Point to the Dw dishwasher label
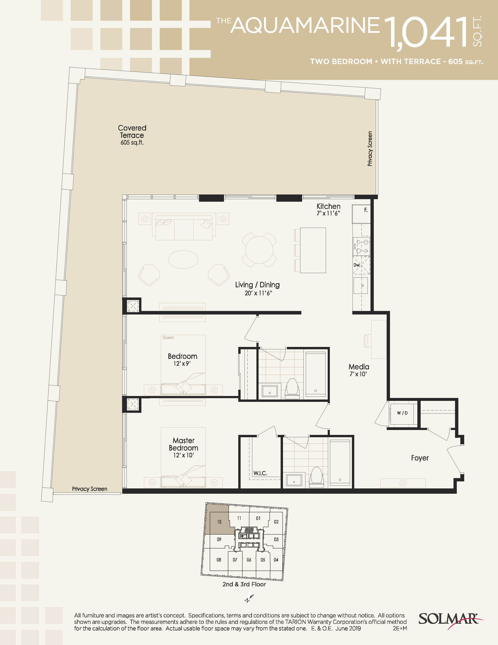[357, 265]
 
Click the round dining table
[259, 250]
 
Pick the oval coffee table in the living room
[183, 259]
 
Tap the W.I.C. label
[260, 473]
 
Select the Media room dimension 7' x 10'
[358, 374]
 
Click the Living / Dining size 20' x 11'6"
[258, 293]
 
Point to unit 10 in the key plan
[219, 522]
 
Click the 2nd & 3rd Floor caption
[244, 584]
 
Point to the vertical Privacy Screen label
[370, 149]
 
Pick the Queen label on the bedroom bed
[168, 338]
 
